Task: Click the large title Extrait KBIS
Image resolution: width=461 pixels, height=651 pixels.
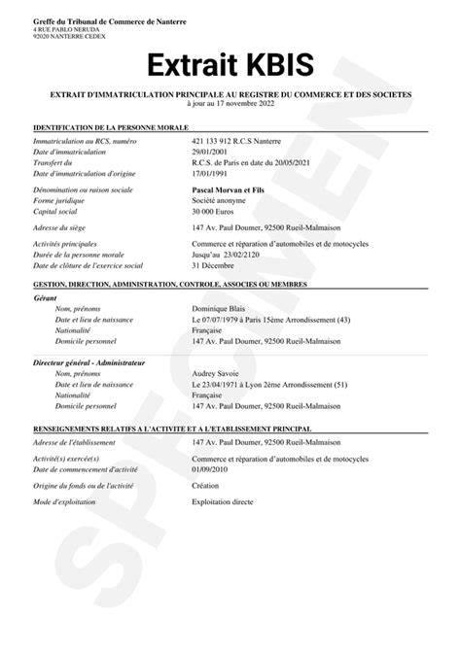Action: click(x=230, y=65)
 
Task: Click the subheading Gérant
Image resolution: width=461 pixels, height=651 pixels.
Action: click(x=45, y=297)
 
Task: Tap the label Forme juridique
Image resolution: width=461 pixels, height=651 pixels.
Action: click(x=59, y=190)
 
